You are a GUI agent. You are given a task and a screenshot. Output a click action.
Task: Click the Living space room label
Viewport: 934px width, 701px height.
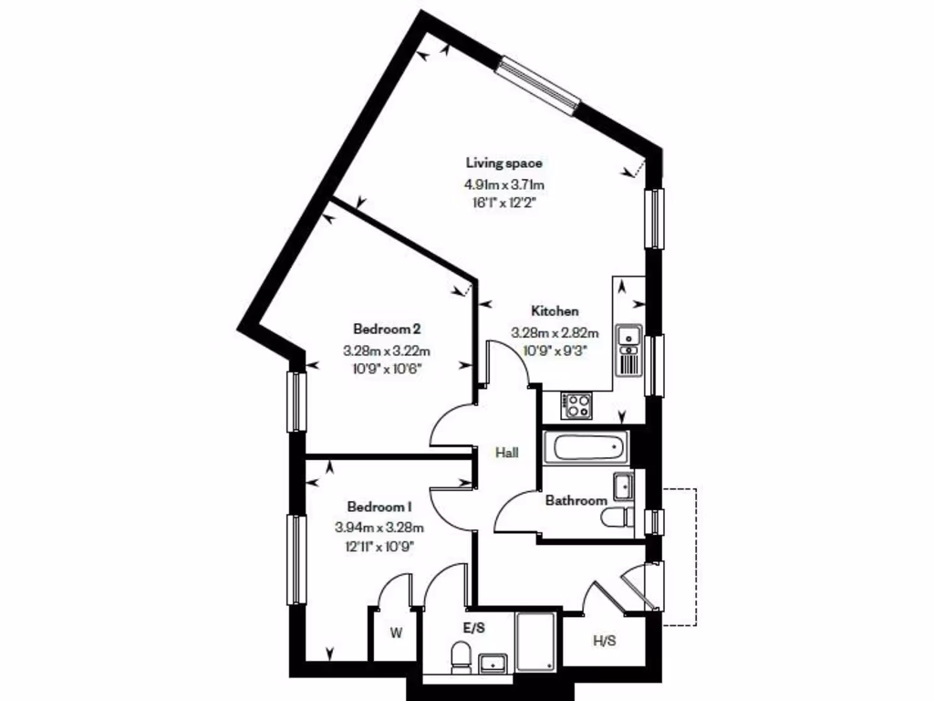coord(504,163)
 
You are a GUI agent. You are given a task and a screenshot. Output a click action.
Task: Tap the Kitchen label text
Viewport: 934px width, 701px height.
coord(555,311)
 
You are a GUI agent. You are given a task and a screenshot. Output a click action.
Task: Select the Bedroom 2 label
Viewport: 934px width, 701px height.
coord(386,328)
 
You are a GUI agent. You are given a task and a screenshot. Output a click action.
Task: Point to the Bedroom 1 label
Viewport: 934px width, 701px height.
coord(379,507)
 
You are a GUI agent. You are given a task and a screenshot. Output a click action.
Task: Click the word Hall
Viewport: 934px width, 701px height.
coord(507,452)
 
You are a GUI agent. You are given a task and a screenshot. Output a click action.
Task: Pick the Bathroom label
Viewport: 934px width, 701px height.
coord(576,500)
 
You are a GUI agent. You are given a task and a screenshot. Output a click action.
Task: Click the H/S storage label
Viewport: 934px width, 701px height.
coord(605,641)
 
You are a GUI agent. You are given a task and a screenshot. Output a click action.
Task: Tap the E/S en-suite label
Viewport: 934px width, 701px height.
coord(474,629)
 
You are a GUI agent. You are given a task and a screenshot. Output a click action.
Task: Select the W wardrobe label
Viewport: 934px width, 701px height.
coord(396,631)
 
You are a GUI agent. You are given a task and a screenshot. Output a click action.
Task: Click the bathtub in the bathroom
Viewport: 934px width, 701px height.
coord(586,448)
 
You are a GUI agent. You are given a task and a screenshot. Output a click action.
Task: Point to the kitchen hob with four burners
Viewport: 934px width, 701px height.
coord(576,405)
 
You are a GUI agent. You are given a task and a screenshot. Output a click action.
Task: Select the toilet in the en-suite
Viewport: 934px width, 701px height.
coord(462,656)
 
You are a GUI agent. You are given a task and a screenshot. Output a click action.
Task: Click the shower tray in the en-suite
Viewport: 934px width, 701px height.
coord(536,643)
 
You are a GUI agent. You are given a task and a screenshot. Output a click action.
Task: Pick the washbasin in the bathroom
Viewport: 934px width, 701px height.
coord(624,486)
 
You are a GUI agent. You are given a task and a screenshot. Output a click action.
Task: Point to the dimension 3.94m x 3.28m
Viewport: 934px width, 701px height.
coord(379,527)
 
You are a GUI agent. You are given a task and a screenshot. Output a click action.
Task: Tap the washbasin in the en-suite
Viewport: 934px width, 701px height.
coord(495,663)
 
